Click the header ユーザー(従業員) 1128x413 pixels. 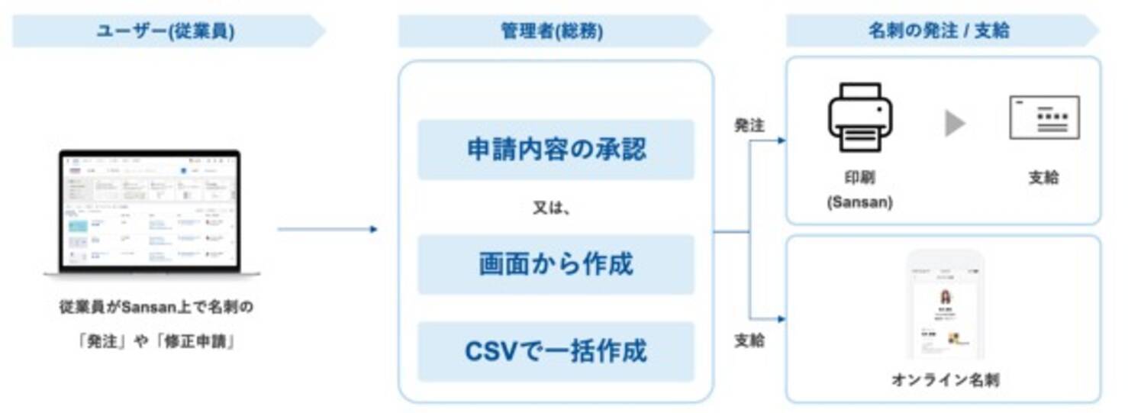point(165,31)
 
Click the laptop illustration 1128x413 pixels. point(150,213)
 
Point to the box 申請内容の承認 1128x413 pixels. point(556,149)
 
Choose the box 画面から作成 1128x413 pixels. point(556,264)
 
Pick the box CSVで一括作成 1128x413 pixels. point(556,351)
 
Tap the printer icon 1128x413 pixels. point(859,118)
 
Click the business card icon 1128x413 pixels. point(1044,118)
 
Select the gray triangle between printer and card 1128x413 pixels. point(954,123)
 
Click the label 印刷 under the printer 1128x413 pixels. point(859,177)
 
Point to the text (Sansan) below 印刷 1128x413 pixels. point(859,203)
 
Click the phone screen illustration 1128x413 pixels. point(945,305)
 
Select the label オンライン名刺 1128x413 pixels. point(945,379)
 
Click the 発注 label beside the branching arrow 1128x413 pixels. point(749,125)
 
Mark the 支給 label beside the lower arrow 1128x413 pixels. point(749,340)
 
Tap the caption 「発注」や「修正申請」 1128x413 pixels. point(156,342)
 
